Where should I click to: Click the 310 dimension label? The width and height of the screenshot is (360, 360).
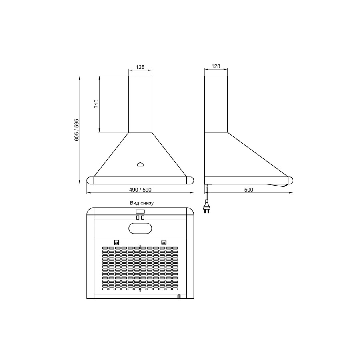[x=96, y=104]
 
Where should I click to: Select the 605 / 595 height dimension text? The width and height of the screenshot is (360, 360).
[x=77, y=130]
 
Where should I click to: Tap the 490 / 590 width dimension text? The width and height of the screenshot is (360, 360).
[x=140, y=190]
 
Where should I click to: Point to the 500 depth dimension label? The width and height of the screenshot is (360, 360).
[x=249, y=190]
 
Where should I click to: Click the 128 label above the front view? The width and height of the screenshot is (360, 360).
[x=140, y=67]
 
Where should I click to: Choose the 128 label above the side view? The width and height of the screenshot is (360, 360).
[x=216, y=66]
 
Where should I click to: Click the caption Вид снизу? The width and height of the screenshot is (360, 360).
[x=142, y=203]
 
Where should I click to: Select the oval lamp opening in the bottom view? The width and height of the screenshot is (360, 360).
[x=140, y=228]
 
